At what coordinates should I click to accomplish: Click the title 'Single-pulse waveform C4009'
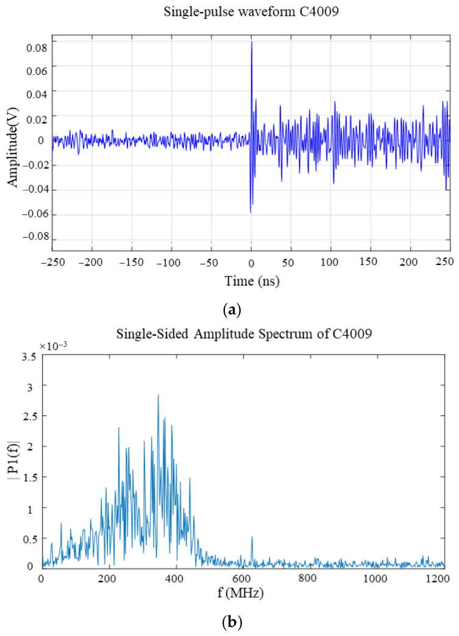(x=251, y=12)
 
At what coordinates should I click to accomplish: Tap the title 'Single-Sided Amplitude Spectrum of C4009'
(x=244, y=333)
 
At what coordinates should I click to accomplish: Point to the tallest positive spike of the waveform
(x=252, y=42)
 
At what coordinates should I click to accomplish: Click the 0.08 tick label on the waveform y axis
(x=37, y=48)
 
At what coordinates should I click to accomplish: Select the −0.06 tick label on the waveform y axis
(x=35, y=214)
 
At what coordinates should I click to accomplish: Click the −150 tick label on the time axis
(x=132, y=263)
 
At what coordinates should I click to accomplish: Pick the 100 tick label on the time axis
(x=329, y=263)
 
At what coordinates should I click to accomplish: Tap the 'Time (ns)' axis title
(x=252, y=281)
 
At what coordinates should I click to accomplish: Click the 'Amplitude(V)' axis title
(x=13, y=147)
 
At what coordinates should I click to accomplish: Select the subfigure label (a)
(x=232, y=310)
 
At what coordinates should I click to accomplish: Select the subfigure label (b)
(x=232, y=622)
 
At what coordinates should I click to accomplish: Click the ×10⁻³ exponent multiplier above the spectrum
(x=53, y=346)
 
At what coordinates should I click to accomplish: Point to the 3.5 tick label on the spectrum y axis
(x=28, y=357)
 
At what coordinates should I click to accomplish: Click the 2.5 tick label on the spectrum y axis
(x=28, y=417)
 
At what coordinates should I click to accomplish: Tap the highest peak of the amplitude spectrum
(x=158, y=395)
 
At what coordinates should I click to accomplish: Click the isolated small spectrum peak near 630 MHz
(x=252, y=537)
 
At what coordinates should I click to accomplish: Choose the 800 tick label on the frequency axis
(x=307, y=578)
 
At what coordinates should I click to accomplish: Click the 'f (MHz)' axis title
(x=240, y=593)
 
